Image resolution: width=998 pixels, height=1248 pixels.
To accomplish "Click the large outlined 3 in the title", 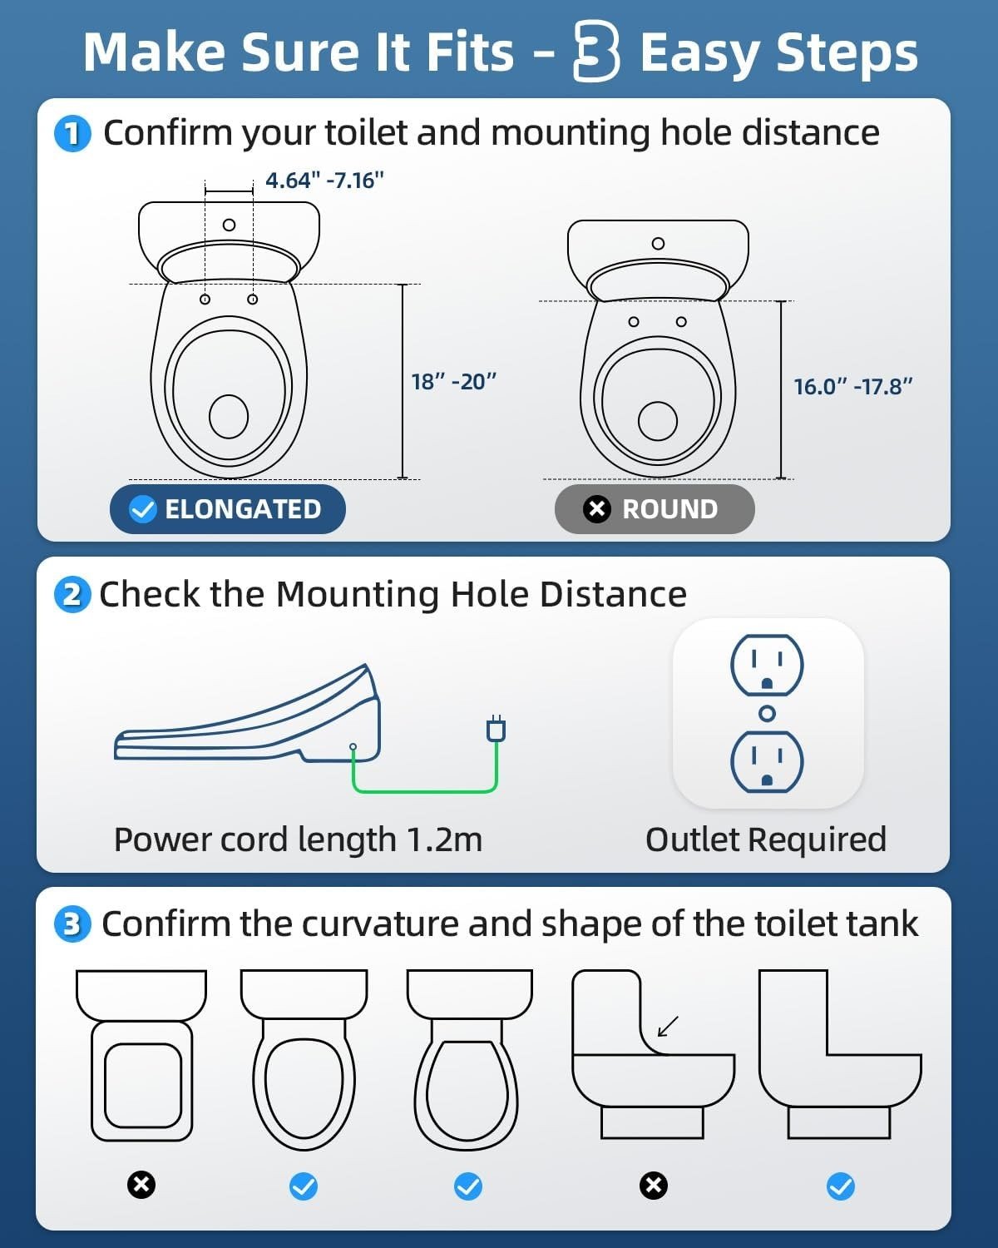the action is point(596,52).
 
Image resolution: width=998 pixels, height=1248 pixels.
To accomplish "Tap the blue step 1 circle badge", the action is point(72,133).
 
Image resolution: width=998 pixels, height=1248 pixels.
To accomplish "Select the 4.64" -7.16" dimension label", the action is point(324,181).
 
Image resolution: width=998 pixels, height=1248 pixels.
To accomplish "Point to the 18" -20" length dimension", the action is point(453,382).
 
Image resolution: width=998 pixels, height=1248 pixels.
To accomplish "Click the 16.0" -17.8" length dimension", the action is point(853,386).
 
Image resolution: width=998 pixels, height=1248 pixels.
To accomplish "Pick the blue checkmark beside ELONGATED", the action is point(143,509).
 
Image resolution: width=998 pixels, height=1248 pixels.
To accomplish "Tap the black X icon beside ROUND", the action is point(596,509).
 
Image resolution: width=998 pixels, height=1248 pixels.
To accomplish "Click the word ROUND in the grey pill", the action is point(669,509).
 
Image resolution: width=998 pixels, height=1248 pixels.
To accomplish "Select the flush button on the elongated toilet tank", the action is point(229,225).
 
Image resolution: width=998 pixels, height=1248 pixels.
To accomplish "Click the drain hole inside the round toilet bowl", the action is point(658,421).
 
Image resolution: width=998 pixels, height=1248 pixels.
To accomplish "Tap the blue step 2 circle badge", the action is point(72,595).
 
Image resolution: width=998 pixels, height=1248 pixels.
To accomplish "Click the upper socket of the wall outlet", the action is point(767,665).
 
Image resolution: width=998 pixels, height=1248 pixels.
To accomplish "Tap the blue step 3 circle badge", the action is point(72,924).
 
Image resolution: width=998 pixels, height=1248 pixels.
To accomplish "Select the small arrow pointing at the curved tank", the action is point(668,1026).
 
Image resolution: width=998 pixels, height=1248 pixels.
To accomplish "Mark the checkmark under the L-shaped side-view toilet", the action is point(840,1186).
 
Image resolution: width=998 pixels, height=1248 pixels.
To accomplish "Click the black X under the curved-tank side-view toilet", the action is point(654,1186).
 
